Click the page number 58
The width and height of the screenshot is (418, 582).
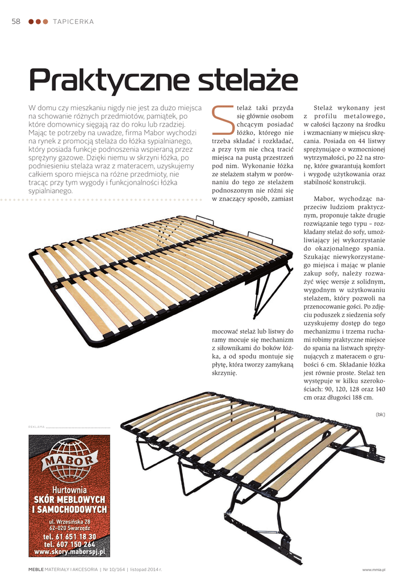(x=16, y=22)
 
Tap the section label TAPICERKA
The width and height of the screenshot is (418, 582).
(x=73, y=22)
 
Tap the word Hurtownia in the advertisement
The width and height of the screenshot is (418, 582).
(x=69, y=490)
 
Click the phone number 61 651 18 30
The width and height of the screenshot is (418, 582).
(x=69, y=537)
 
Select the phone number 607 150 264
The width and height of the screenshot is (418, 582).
(x=69, y=544)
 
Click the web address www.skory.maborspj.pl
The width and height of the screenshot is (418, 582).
(x=69, y=551)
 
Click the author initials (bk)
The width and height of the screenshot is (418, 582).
(x=380, y=414)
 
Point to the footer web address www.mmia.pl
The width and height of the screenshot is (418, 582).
(x=374, y=569)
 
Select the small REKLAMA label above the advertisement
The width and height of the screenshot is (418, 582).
(x=36, y=427)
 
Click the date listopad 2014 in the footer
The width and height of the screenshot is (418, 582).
(x=145, y=568)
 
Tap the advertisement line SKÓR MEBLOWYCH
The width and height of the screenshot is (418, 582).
(x=69, y=500)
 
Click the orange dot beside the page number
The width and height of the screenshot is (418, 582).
(x=45, y=22)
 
